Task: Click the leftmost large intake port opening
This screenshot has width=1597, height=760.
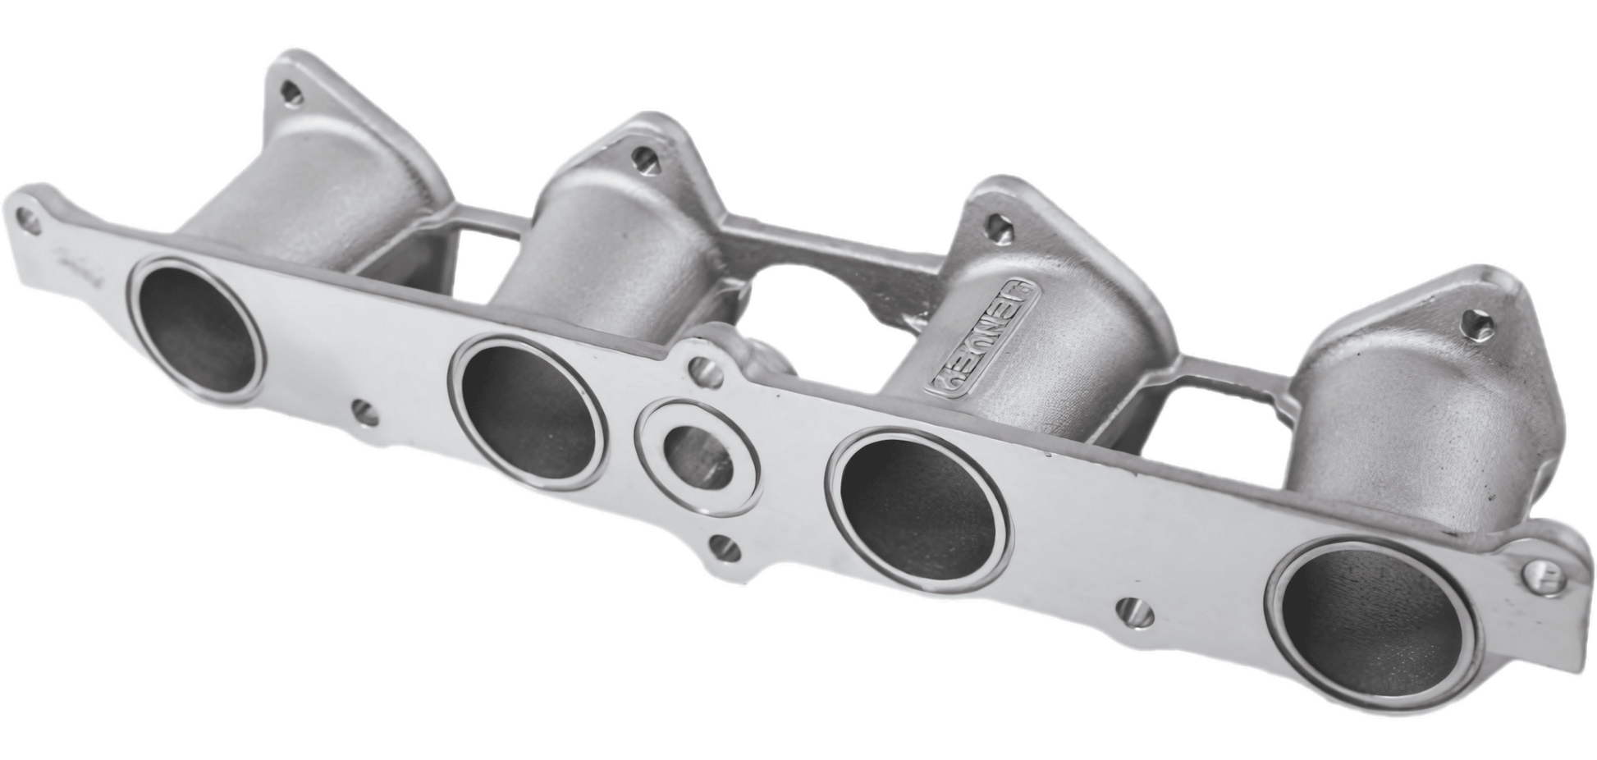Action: (195, 327)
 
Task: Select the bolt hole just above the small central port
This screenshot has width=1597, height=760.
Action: (704, 372)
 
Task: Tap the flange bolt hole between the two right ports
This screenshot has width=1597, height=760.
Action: (1136, 611)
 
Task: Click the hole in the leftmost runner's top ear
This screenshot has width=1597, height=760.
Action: (289, 94)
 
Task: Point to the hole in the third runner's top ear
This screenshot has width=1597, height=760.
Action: (996, 225)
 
